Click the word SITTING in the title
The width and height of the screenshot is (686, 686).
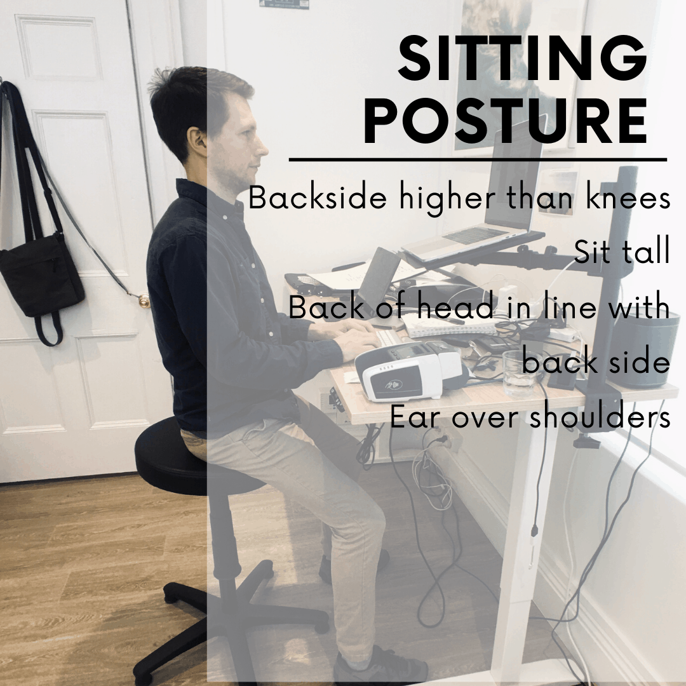(522, 58)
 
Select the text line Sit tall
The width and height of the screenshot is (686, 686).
(622, 252)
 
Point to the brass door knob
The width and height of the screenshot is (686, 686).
(144, 300)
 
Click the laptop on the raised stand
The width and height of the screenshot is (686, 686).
(494, 201)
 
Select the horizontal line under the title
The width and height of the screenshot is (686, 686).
(478, 159)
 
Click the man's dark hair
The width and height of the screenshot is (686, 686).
(192, 105)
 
